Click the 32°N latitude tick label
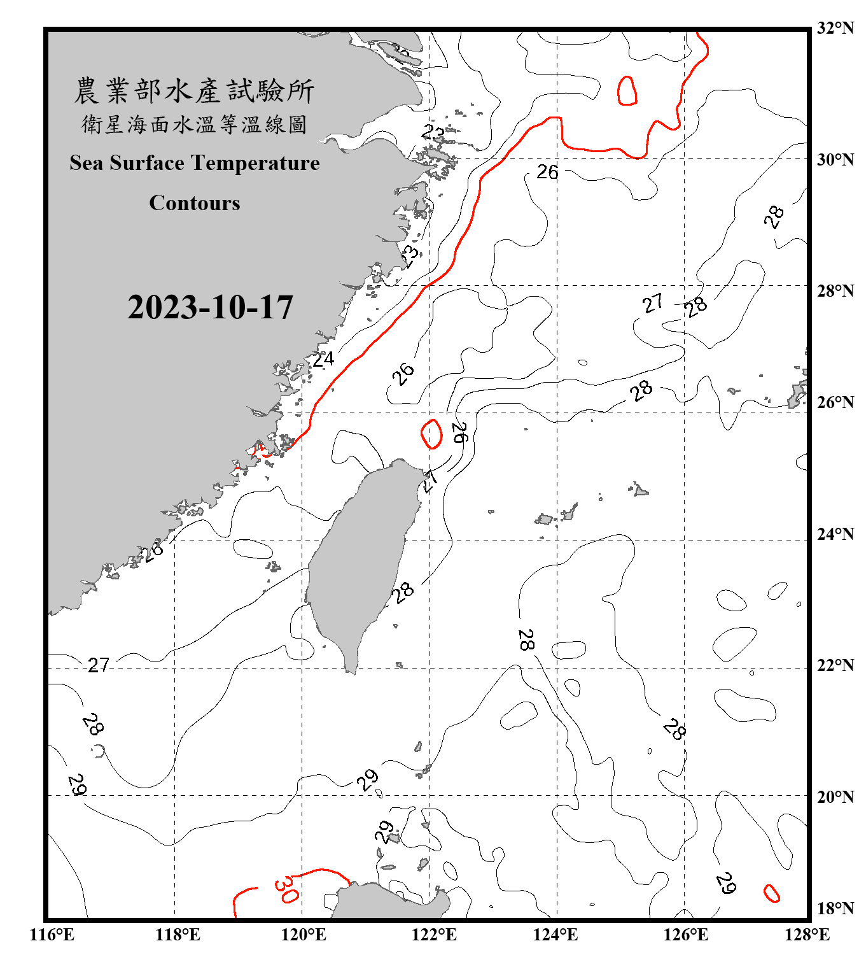coord(835,28)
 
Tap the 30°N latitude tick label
coord(835,159)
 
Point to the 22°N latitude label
coord(835,665)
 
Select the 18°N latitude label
coord(835,909)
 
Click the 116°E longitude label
coord(52,935)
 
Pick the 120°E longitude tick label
coord(304,935)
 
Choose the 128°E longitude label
coord(807,935)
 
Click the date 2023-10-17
coord(210,308)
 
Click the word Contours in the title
coord(194,203)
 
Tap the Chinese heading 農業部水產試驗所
coord(194,91)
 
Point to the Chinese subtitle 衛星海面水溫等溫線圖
coord(194,125)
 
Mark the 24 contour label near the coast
coord(323,359)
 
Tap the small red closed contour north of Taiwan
coord(431,434)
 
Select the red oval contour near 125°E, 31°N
coord(627,90)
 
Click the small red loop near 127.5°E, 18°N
coord(771,893)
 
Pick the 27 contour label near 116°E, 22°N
coord(99,665)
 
